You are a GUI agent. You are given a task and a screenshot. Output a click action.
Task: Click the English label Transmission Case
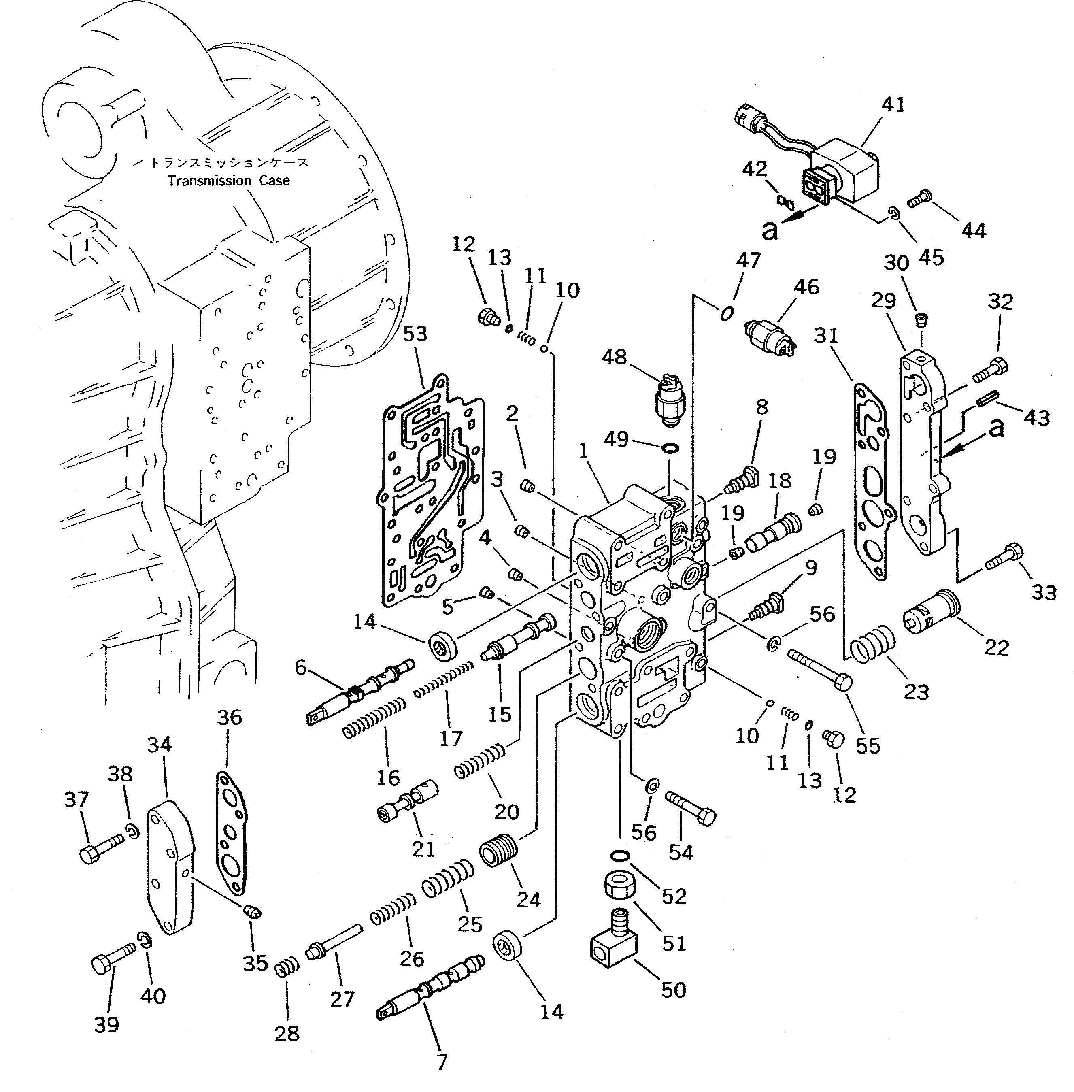click(228, 181)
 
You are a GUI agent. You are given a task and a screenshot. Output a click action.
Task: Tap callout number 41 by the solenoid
click(893, 105)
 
